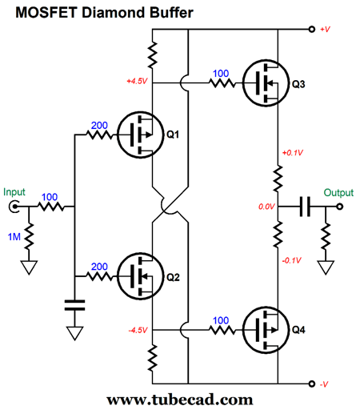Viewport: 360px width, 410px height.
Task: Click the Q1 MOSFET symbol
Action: [140, 135]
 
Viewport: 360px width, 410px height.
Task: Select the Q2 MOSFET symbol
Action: [140, 276]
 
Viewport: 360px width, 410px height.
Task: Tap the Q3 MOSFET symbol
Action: [266, 83]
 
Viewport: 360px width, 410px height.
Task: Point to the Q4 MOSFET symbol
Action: [266, 330]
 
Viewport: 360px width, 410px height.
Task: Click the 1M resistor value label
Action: [14, 236]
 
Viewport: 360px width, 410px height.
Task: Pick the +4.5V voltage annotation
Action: [137, 81]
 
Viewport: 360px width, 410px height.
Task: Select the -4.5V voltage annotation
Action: [138, 331]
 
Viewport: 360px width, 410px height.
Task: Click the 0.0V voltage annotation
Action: [266, 207]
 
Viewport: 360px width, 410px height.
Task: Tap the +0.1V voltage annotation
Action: [293, 153]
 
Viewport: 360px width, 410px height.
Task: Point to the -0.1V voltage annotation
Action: [292, 260]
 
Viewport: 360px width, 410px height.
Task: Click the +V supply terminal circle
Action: [312, 29]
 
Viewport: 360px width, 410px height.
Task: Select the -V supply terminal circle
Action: [312, 384]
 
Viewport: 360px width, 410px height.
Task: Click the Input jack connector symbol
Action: [14, 207]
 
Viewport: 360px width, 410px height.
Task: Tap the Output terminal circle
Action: [339, 207]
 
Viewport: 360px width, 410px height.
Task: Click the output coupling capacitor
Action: [305, 207]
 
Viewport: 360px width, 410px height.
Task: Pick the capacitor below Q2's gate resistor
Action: [74, 305]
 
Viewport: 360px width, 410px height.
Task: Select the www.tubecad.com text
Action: [180, 400]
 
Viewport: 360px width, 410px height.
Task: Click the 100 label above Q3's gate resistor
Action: [221, 74]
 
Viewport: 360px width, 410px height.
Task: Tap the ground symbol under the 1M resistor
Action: [29, 267]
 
